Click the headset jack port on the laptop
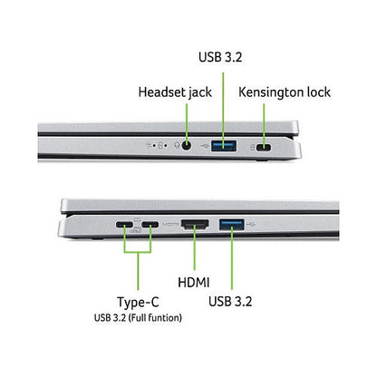(187, 146)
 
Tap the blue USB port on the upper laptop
(224, 146)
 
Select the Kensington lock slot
(264, 148)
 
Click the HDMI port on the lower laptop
(195, 224)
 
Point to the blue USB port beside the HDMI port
(232, 224)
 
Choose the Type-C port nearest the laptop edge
(124, 225)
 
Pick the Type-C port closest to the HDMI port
(150, 225)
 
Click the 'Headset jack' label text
(175, 92)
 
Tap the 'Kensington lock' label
(285, 92)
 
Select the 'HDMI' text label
(194, 283)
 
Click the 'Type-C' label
(138, 302)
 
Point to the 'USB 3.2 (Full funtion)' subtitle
(138, 318)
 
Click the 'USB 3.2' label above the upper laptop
(220, 57)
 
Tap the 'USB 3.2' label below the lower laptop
(230, 302)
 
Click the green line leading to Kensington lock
(264, 125)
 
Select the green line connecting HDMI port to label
(195, 247)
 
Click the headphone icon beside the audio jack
(177, 146)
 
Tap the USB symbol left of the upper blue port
(205, 146)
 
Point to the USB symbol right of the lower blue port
(251, 224)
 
